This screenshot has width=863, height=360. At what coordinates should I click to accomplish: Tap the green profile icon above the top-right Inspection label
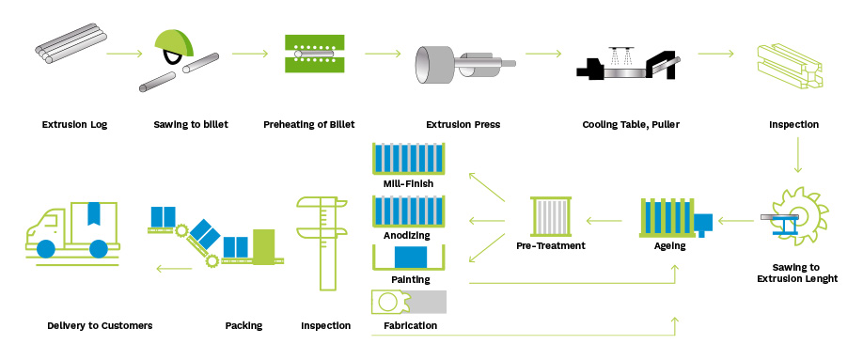click(x=792, y=61)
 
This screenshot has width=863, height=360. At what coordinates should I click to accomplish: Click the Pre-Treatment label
click(x=551, y=245)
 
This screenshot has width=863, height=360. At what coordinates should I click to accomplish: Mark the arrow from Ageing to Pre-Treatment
click(x=607, y=222)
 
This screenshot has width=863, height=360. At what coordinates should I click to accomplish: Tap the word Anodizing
click(x=408, y=236)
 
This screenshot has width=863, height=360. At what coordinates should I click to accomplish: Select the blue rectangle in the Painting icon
click(x=408, y=257)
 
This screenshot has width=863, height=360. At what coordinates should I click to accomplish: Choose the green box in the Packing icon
click(x=263, y=246)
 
